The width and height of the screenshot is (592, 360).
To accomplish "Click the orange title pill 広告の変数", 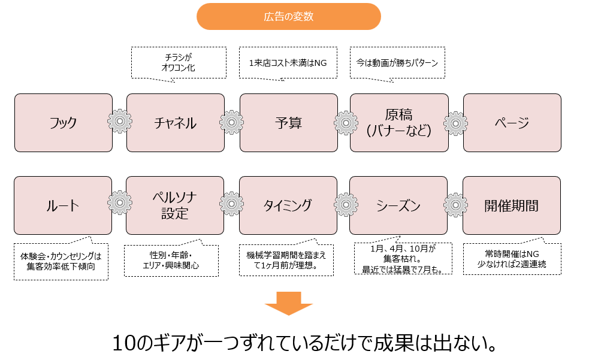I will pos(288,17).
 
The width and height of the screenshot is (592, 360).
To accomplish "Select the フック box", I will pos(64,123).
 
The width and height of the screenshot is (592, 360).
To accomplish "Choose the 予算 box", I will pos(288,123).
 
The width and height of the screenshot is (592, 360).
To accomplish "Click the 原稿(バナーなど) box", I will pos(398,123).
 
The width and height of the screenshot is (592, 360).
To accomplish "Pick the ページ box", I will pos(512,123).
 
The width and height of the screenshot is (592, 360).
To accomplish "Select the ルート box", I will pos(63,205).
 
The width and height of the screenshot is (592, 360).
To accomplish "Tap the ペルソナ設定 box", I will pos(175,205).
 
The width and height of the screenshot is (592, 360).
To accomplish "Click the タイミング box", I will pos(288,205).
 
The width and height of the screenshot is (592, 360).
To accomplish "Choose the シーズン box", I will pos(398,205).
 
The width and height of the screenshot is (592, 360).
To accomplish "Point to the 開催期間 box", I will pos(512,205).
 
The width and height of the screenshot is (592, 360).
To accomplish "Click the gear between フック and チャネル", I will pos(120,122).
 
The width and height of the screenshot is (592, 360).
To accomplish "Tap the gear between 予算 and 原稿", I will pos(346,122).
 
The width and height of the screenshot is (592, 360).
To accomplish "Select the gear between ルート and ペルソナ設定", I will pos(119,203).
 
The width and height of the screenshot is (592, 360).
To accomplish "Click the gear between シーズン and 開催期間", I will pos(455,204).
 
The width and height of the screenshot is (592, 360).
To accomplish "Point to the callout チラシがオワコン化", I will pos(179,62).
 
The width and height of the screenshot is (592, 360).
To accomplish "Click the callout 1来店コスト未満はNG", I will pos(283,62).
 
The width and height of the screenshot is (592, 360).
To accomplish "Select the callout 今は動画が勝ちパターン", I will pos(397,62).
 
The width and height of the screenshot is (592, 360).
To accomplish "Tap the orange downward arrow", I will pos(289,303).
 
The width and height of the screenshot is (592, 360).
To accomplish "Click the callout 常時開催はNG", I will pos(512,258).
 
